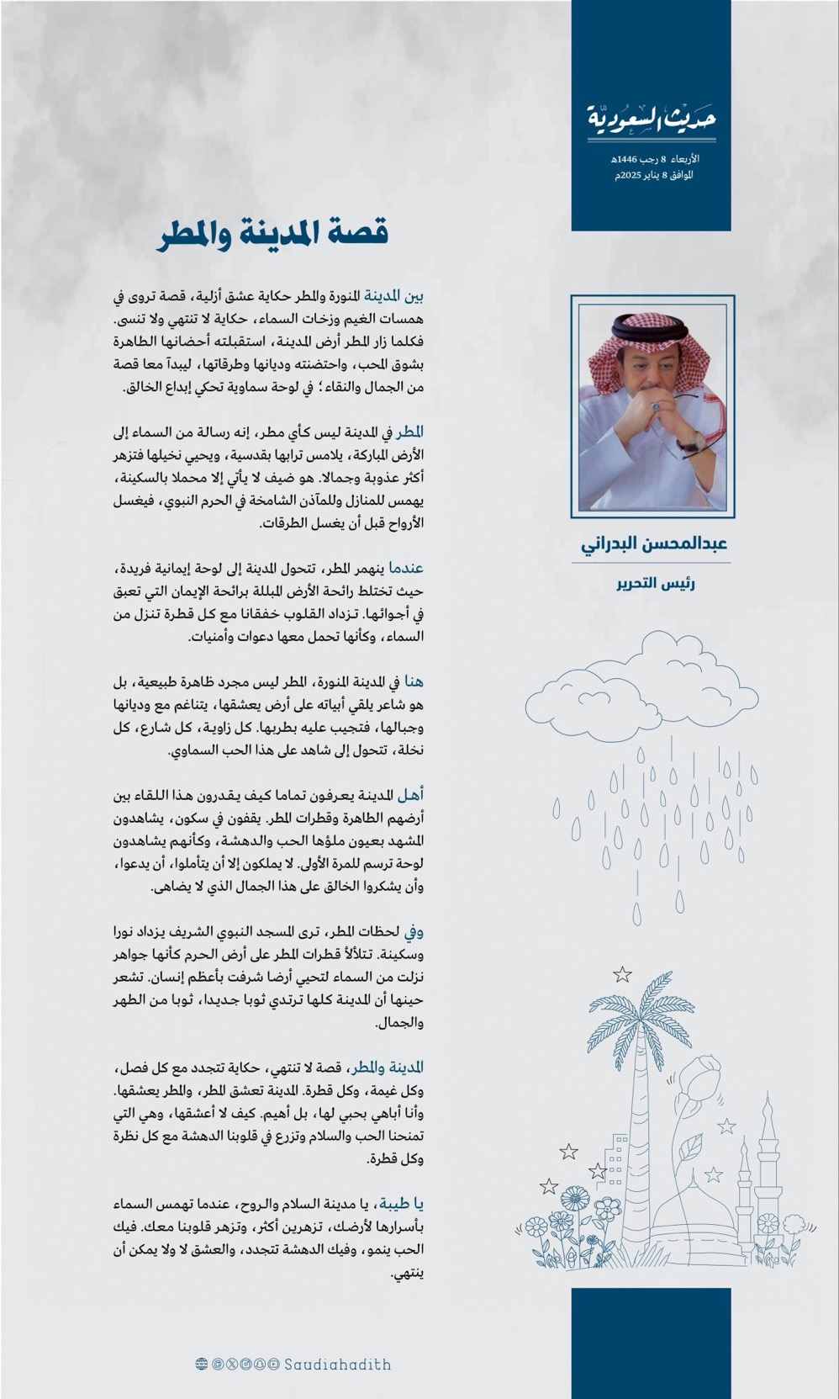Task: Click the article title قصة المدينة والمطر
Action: coord(272,233)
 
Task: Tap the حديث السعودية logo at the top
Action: coord(652,120)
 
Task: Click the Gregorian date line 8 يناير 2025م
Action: coord(653,175)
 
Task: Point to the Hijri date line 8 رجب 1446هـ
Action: coord(655,158)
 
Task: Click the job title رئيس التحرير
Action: coord(655,583)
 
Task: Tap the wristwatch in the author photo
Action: coord(690,440)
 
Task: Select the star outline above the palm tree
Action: coord(622,974)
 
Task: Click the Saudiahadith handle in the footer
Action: coord(337,1365)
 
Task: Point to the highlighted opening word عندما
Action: coord(406,568)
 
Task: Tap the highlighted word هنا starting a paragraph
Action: coord(413,681)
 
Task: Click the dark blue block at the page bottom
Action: coord(651,1343)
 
